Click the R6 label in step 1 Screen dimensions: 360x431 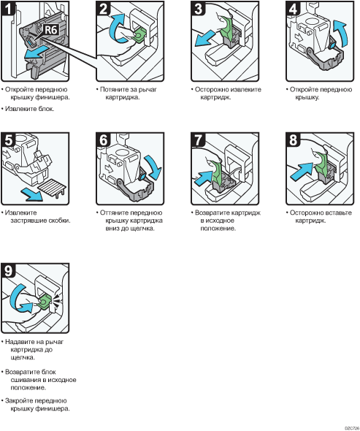[51, 29]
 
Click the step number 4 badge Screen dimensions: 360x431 [293, 8]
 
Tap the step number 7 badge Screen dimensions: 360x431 [198, 140]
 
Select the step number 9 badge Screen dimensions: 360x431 [8, 270]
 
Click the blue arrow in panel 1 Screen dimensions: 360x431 [34, 53]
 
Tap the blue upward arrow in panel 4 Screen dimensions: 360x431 [340, 33]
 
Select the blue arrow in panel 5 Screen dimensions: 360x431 [32, 194]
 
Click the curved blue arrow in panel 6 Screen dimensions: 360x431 [153, 167]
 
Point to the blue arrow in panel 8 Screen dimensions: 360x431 [301, 172]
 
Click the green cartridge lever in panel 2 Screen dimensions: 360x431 [139, 34]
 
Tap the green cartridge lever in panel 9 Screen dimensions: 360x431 [45, 302]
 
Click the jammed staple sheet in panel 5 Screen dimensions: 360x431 [53, 188]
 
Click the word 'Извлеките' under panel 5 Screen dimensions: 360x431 [21, 213]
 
